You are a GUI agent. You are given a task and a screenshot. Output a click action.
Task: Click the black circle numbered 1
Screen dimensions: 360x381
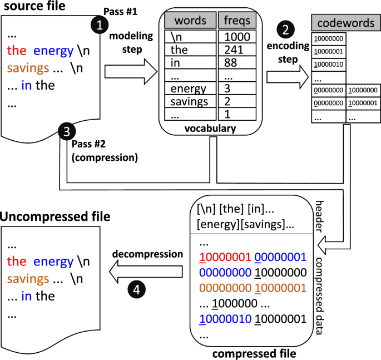99,24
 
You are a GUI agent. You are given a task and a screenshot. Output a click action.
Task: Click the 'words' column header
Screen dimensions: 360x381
190,22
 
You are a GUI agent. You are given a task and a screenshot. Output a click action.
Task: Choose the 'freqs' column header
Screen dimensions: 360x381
236,22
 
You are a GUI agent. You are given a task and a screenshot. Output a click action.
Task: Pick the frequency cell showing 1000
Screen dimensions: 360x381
236,37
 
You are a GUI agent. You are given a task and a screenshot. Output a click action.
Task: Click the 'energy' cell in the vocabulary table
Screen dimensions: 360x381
188,88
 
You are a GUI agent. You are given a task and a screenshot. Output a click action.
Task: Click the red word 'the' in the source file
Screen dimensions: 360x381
17,52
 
